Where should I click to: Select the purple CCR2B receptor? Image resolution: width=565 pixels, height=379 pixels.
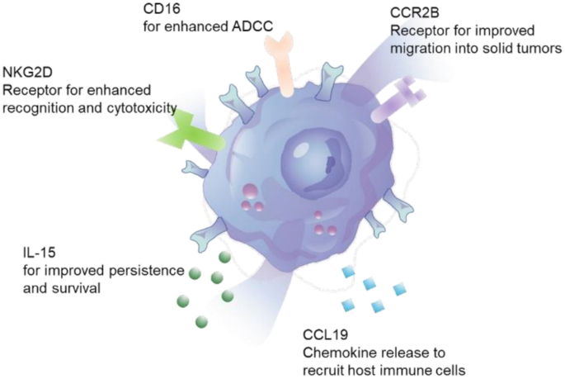[395, 103]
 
